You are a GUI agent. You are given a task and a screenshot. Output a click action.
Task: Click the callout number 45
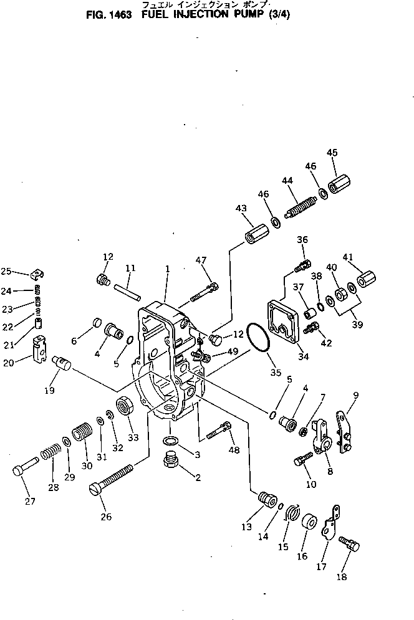click(x=332, y=153)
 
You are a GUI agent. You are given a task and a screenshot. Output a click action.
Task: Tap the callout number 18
click(x=342, y=577)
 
